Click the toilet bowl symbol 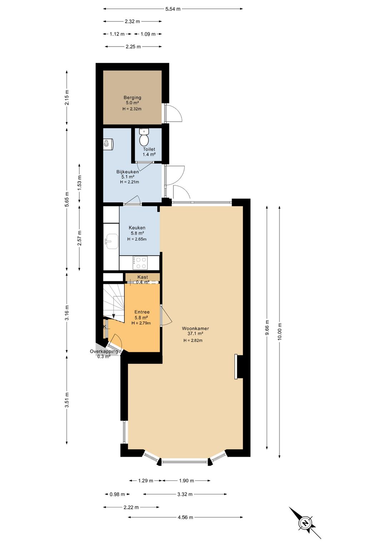[x=144, y=137]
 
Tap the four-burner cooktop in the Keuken [x=140, y=263]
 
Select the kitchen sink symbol [x=112, y=242]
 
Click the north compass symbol [x=305, y=523]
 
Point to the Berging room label [x=132, y=97]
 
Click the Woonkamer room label [x=195, y=328]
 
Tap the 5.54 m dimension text [x=173, y=9]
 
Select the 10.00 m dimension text [x=279, y=331]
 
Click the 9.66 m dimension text [x=267, y=328]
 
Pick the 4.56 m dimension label [x=185, y=517]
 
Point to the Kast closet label [x=143, y=277]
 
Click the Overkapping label [x=104, y=351]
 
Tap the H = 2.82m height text [x=193, y=341]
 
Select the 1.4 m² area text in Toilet [x=149, y=154]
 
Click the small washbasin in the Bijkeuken [x=108, y=144]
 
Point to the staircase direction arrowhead [x=114, y=316]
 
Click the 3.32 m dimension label [x=185, y=494]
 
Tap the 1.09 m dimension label [x=148, y=34]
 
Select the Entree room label [x=142, y=312]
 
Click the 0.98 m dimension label [x=117, y=494]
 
